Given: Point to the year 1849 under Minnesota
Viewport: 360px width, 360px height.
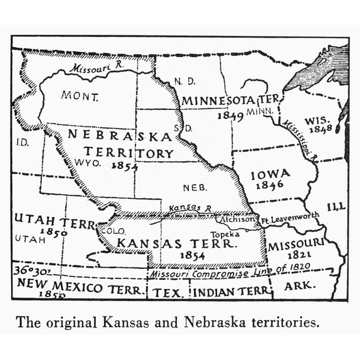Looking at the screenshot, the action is [x=230, y=115].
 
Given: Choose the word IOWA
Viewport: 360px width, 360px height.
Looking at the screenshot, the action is [x=270, y=175].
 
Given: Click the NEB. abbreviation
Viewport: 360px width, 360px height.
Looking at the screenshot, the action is [x=195, y=188].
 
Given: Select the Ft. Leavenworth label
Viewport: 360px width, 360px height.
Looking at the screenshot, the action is [x=289, y=218].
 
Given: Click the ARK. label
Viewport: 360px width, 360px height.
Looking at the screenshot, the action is [x=300, y=287].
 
